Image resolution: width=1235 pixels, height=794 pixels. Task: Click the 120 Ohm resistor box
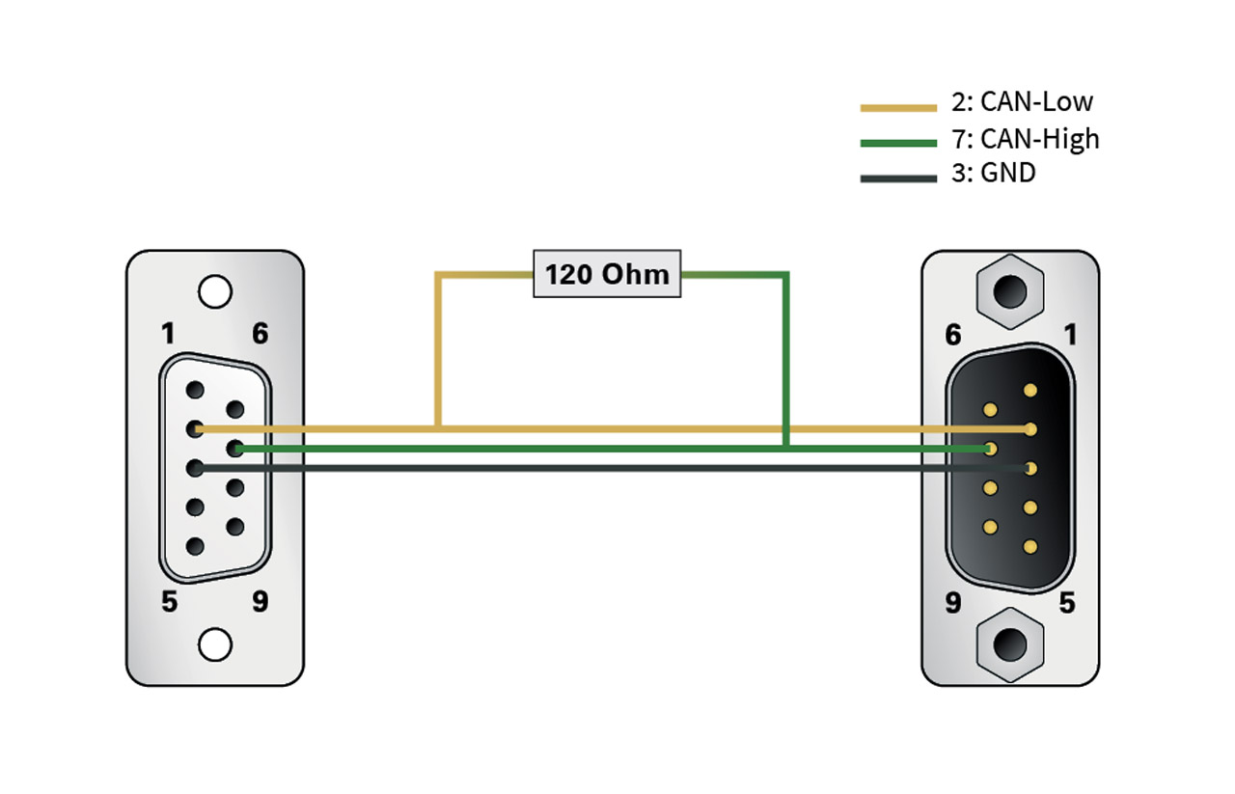click(607, 274)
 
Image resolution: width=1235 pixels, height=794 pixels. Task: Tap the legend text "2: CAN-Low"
click(1022, 102)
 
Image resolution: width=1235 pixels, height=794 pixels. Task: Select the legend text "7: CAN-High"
click(1026, 139)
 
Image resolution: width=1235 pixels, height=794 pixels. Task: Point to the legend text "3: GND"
click(994, 173)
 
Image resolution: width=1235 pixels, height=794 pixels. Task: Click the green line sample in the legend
click(898, 144)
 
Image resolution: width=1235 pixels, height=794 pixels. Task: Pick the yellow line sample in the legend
click(898, 108)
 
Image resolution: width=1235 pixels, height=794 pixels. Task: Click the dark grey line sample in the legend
click(898, 178)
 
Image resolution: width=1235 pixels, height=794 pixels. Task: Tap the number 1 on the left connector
click(168, 334)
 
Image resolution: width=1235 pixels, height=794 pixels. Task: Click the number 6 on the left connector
click(261, 334)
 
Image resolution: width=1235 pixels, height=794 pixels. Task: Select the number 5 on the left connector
click(169, 602)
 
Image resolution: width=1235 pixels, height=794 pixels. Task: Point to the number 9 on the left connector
click(261, 602)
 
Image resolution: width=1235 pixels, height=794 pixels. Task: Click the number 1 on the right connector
click(1070, 335)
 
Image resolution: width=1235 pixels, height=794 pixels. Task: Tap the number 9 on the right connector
click(953, 603)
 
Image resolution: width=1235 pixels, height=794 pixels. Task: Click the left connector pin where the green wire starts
click(235, 449)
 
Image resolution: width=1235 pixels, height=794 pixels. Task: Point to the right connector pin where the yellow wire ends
click(1030, 429)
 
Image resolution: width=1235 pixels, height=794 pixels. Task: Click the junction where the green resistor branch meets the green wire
click(786, 449)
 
